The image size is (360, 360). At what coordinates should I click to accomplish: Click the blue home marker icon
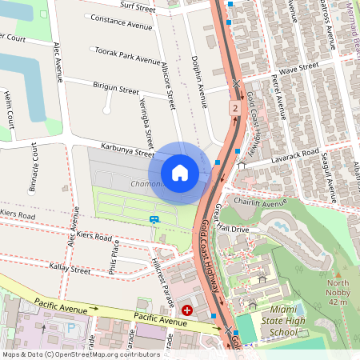coord(180,172)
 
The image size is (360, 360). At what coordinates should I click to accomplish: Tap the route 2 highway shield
coord(234,107)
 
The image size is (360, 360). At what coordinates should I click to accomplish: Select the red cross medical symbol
coord(187,310)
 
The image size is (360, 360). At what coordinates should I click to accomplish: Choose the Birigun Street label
coord(116,88)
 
